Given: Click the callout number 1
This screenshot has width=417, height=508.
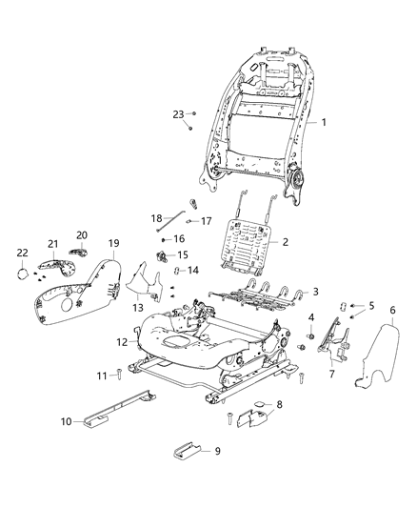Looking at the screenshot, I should (x=324, y=123).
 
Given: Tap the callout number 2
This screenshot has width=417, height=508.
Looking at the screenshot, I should (x=285, y=243).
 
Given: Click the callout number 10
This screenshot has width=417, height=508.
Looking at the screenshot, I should (x=67, y=421).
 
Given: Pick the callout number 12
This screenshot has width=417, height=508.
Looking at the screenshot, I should (x=122, y=341).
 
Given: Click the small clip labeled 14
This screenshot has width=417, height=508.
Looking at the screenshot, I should (x=177, y=273).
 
